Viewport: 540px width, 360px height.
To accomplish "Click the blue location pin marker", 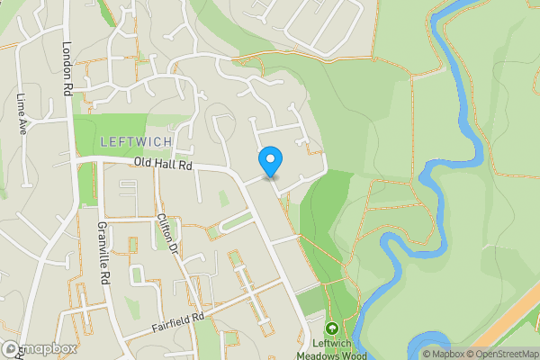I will click(x=270, y=161).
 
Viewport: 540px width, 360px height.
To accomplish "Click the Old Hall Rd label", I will click(x=163, y=165).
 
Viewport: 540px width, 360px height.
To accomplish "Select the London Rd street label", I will click(x=67, y=68).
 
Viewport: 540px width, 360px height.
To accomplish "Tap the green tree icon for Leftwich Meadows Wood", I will click(x=332, y=329).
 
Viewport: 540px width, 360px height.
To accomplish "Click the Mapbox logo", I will click(x=39, y=349).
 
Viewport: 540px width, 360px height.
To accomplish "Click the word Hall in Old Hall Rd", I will click(x=165, y=165).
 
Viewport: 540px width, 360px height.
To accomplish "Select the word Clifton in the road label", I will click(x=165, y=228).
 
